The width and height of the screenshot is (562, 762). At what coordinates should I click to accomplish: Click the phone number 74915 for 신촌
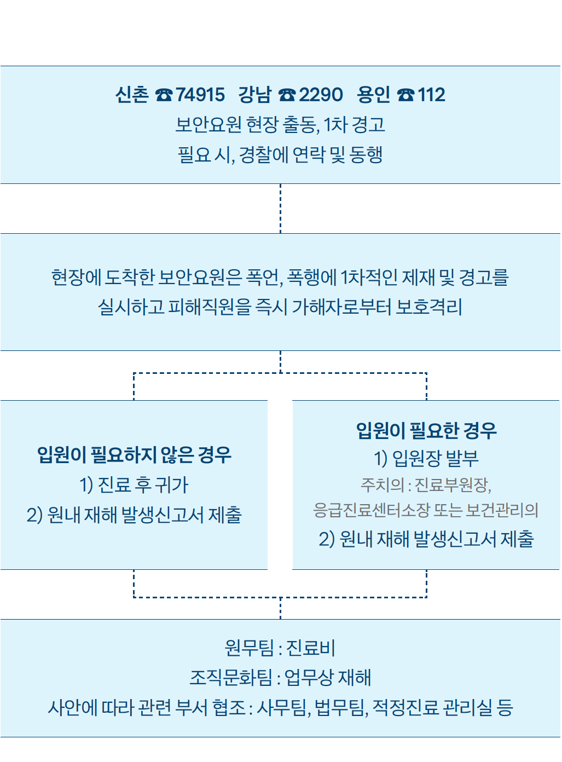click(x=200, y=95)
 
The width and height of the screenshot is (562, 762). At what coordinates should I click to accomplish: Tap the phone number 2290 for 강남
click(x=321, y=95)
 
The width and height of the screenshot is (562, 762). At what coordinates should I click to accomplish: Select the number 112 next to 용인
click(x=431, y=95)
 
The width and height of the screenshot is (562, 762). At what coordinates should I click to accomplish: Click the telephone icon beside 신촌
click(x=164, y=95)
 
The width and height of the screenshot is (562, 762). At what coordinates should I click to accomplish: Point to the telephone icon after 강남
click(x=287, y=95)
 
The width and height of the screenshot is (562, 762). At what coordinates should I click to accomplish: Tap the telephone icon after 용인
click(x=405, y=95)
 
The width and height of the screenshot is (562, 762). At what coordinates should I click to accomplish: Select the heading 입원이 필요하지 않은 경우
click(x=134, y=454)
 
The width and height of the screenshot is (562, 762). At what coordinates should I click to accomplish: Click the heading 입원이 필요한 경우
click(x=426, y=430)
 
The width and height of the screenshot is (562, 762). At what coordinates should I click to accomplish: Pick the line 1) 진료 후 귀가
click(x=134, y=484)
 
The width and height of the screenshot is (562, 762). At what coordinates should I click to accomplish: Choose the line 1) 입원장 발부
click(x=426, y=458)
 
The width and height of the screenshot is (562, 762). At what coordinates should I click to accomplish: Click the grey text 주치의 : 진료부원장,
click(x=426, y=484)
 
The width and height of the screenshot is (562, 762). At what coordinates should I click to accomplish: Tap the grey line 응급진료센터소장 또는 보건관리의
click(x=426, y=510)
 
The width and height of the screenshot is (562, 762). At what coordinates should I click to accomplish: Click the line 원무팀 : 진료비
click(x=280, y=648)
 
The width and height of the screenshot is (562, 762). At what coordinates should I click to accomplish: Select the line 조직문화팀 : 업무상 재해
click(x=280, y=678)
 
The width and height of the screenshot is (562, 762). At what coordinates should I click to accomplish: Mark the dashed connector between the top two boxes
click(x=280, y=209)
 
